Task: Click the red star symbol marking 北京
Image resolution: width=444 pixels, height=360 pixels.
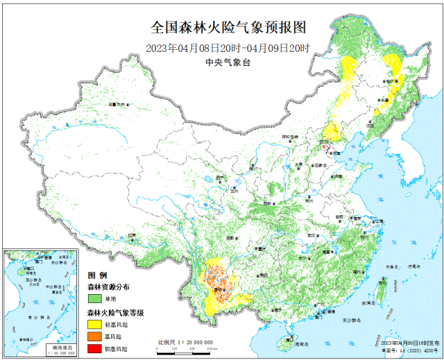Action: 322,144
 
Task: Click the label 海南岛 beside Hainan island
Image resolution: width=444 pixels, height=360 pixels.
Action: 300,344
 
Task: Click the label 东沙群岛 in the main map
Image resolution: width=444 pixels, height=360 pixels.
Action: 352,321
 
